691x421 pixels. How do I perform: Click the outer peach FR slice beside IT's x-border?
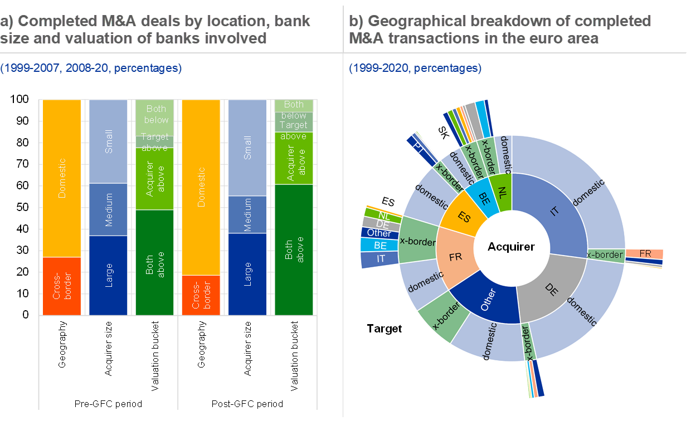(x=644, y=253)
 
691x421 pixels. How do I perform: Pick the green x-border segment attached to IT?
(x=605, y=255)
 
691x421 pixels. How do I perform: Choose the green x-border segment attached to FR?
(x=417, y=241)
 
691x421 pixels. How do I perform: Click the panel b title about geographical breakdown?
(x=500, y=30)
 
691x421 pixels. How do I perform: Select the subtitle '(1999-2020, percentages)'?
(x=415, y=68)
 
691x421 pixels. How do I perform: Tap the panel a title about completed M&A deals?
(x=155, y=30)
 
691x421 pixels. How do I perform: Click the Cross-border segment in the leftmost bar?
(x=62, y=286)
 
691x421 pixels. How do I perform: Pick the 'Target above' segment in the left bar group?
(x=154, y=141)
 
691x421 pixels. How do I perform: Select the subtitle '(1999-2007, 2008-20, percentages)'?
(x=90, y=68)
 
